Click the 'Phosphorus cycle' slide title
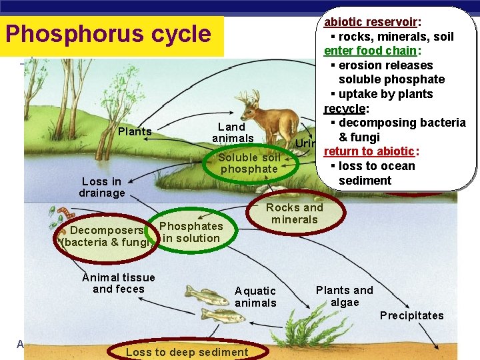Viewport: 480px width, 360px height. (x=107, y=35)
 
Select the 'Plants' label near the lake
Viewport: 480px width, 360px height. (x=135, y=132)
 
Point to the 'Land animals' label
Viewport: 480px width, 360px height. (x=232, y=133)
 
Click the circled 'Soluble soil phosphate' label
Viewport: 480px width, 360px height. (x=249, y=163)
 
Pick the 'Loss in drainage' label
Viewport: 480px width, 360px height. (x=103, y=187)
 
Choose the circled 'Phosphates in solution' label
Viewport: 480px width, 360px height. (x=191, y=232)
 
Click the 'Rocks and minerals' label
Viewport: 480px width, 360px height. (x=295, y=213)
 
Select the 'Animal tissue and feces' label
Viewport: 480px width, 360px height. (x=119, y=283)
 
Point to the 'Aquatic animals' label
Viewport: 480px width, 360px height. (x=255, y=297)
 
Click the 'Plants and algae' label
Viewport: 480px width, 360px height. (x=344, y=296)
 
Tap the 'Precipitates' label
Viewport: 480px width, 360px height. (x=411, y=315)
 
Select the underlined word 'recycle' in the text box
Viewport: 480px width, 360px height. (x=344, y=109)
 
